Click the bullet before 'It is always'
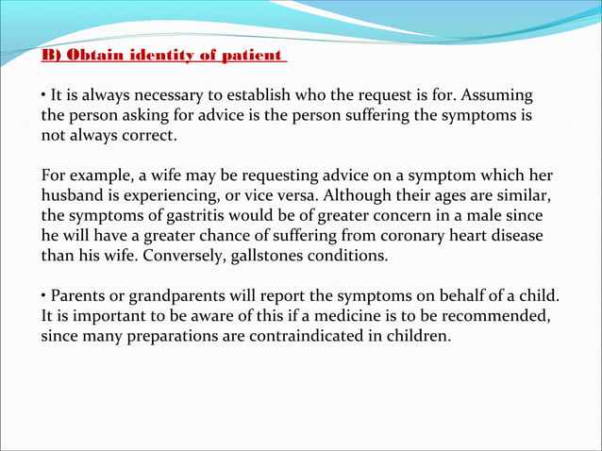coord(43,98)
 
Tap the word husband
coord(72,196)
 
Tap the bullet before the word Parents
coord(43,295)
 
